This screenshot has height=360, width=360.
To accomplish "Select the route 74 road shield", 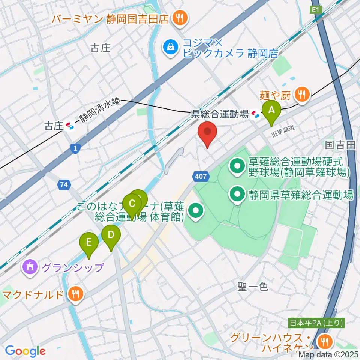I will click(63, 184).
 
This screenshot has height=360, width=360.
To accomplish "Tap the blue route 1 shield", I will click(76, 149).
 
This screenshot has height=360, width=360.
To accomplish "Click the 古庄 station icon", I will click(70, 126).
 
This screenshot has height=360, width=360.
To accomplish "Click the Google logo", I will click(25, 351).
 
